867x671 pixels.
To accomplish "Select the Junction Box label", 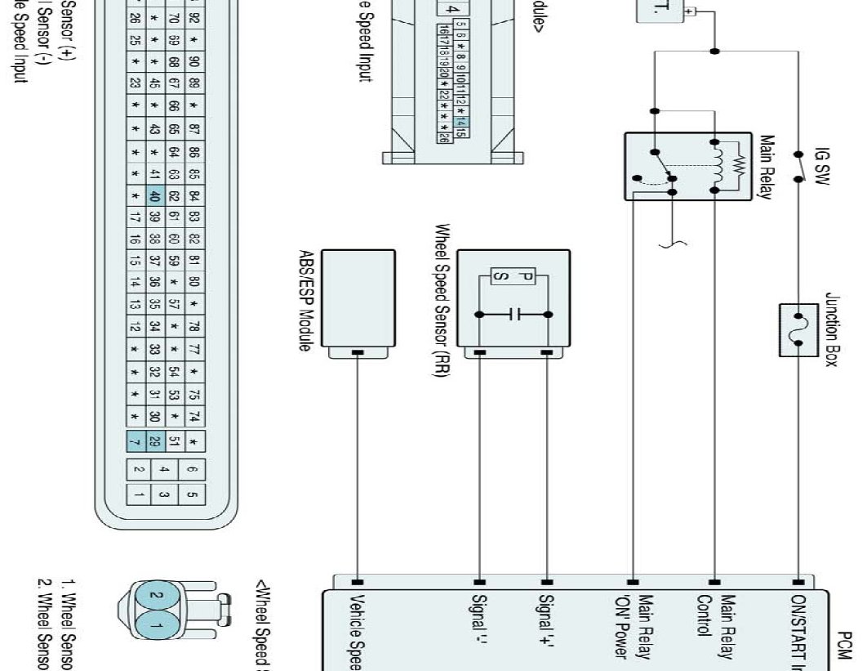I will (832, 330).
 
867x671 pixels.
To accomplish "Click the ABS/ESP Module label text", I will (305, 301).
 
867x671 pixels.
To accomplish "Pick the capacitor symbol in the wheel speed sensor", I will (514, 315).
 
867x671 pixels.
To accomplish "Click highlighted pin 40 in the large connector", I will (153, 196).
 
